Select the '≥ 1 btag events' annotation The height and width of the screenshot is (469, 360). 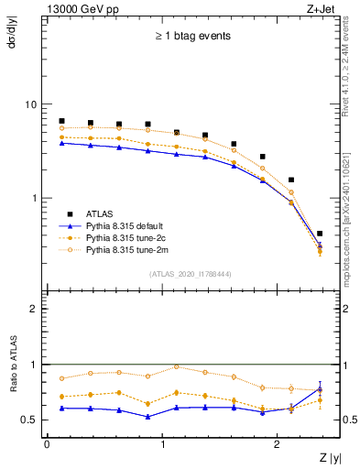tap(191, 37)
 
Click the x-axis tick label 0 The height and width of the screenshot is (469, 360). tap(47, 444)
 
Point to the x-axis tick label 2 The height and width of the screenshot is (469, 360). tap(279, 444)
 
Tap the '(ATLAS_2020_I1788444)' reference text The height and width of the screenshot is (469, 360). tap(189, 273)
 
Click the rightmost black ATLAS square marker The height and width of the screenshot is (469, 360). tap(319, 234)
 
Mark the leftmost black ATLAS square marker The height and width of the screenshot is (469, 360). tap(61, 121)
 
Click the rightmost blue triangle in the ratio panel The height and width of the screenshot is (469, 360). tap(319, 388)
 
